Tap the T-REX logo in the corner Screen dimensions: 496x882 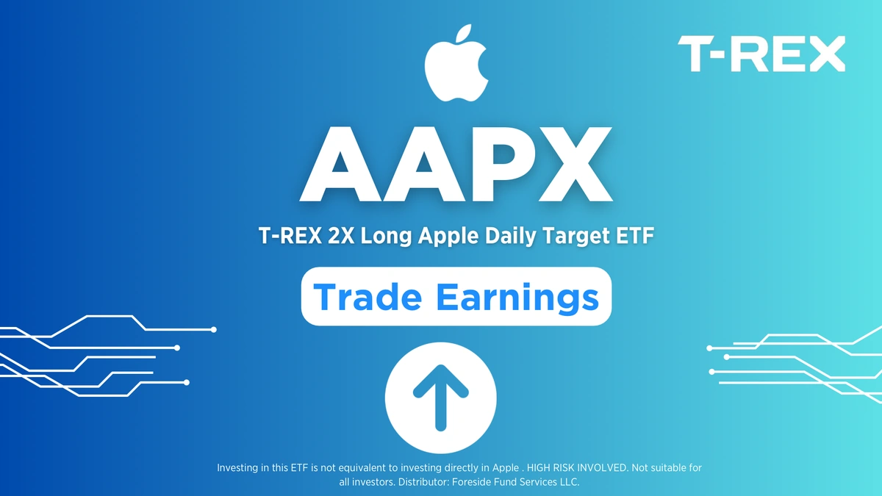(x=761, y=55)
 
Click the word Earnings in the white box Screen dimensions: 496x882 (x=514, y=297)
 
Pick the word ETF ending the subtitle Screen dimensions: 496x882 (x=634, y=237)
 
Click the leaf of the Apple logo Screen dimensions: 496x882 (x=464, y=35)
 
